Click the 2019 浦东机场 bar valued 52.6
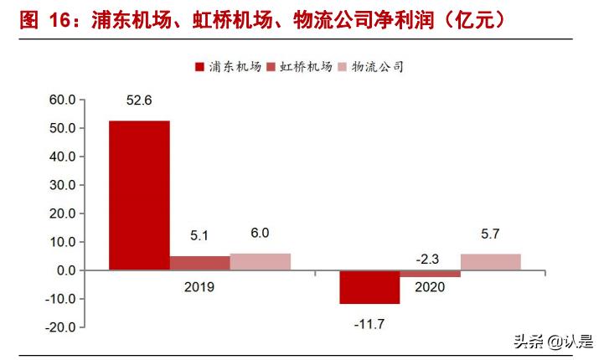click(139, 195)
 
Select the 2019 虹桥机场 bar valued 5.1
click(199, 263)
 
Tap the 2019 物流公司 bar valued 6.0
click(260, 261)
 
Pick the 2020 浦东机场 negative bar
click(369, 287)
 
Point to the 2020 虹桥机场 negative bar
click(430, 274)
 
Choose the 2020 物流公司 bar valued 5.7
click(490, 262)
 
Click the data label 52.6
click(139, 102)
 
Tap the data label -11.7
click(369, 321)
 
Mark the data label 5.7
click(490, 234)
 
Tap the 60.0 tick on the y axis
click(62, 100)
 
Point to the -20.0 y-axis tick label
click(60, 327)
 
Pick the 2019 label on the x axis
click(199, 287)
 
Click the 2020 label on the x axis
click(430, 287)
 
